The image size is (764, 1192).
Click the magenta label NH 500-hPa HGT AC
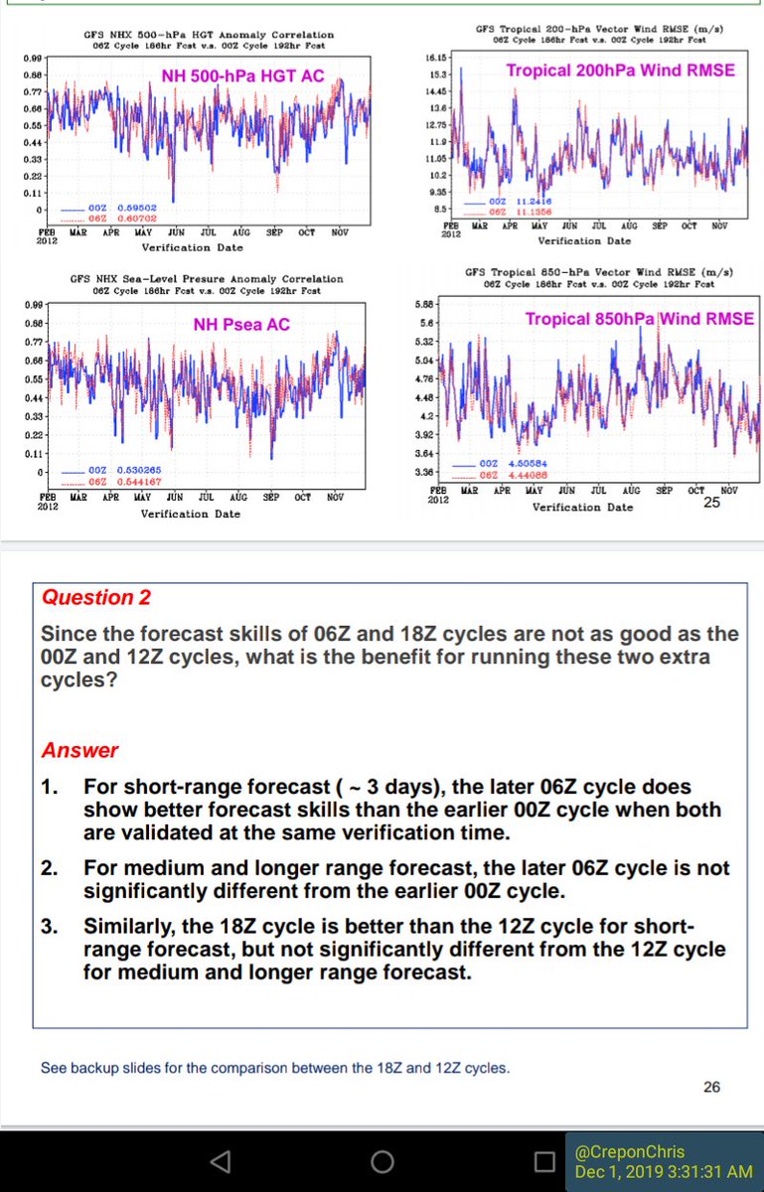[x=242, y=75]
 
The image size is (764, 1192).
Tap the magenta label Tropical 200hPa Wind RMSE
[x=620, y=71]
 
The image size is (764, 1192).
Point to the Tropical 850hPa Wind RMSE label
[x=640, y=319]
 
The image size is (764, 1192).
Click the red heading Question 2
[x=88, y=597]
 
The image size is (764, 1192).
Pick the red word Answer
[x=79, y=751]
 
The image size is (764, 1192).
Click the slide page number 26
[x=711, y=1087]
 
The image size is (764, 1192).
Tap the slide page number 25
[x=711, y=503]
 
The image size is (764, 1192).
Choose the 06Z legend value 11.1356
[x=535, y=212]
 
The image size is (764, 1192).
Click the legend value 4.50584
[x=528, y=463]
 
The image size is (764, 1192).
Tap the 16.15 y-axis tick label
[x=434, y=58]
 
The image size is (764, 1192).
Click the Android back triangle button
[x=221, y=1161]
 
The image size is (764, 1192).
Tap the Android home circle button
[x=382, y=1161]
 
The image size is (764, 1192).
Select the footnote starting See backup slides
[x=275, y=1069]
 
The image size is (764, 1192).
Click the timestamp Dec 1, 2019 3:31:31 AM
[x=661, y=1172]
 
